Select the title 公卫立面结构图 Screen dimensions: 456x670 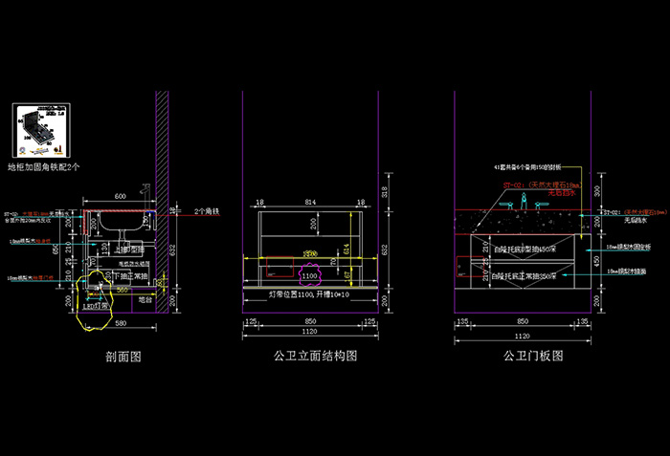315,357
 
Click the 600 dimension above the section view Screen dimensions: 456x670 121,196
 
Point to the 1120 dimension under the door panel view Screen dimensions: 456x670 523,337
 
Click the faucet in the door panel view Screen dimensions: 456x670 523,200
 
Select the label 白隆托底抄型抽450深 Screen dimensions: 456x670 525,249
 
